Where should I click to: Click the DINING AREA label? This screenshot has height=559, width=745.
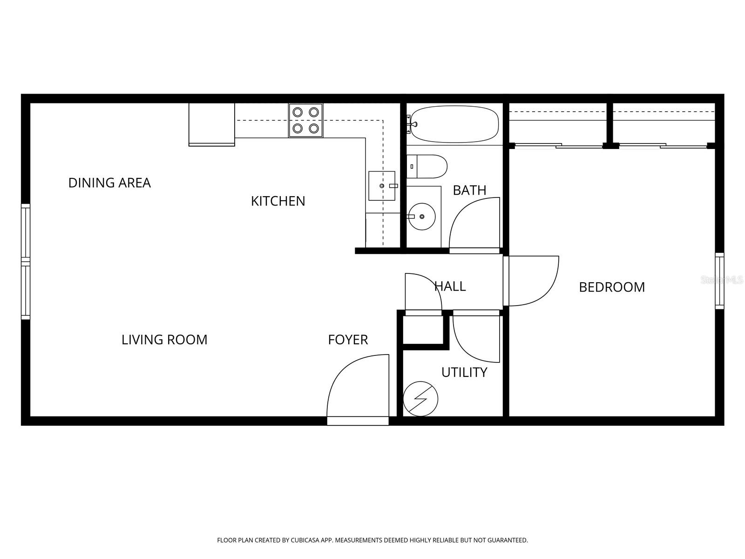click(x=109, y=183)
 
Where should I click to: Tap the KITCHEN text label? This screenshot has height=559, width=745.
click(x=278, y=201)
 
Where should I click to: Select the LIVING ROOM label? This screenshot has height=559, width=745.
click(x=164, y=340)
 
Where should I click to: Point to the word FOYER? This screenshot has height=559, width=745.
click(x=348, y=340)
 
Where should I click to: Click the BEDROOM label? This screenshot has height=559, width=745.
click(x=612, y=287)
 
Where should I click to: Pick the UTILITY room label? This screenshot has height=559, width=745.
click(x=464, y=372)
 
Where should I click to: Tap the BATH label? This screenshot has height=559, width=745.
click(x=469, y=190)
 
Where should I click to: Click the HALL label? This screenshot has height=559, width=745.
click(x=450, y=286)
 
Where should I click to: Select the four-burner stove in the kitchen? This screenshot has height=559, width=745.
click(x=306, y=120)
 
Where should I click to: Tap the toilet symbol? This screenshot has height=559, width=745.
click(x=427, y=166)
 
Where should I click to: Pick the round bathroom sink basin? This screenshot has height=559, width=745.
click(x=422, y=216)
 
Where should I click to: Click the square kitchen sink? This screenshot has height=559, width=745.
click(x=382, y=186)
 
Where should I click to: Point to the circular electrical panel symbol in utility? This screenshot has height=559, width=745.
click(x=420, y=399)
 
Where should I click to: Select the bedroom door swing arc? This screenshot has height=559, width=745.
click(x=534, y=281)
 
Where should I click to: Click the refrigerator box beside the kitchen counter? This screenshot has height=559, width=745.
click(x=211, y=124)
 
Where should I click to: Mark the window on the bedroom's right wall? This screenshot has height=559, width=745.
click(x=719, y=281)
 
